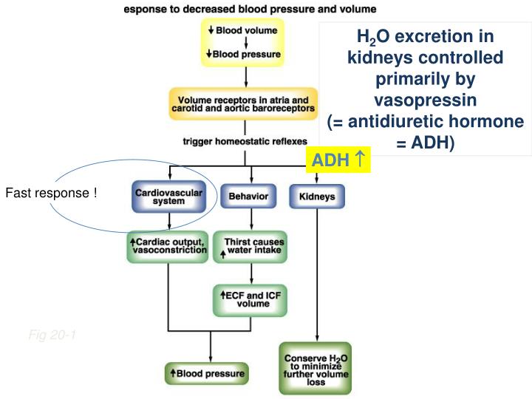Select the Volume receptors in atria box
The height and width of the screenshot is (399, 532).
tap(243, 103)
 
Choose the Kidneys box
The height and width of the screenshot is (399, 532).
tap(317, 197)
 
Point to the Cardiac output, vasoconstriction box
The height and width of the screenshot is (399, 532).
tap(168, 247)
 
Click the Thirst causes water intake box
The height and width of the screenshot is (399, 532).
tap(251, 247)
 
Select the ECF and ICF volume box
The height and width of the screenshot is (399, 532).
tap(251, 298)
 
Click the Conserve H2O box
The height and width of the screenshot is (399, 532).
tap(315, 368)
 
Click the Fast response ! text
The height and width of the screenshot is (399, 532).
tap(51, 194)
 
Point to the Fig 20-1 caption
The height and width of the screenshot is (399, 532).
tap(52, 336)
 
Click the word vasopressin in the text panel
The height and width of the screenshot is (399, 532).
tap(426, 99)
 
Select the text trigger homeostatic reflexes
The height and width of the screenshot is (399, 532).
tap(245, 141)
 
